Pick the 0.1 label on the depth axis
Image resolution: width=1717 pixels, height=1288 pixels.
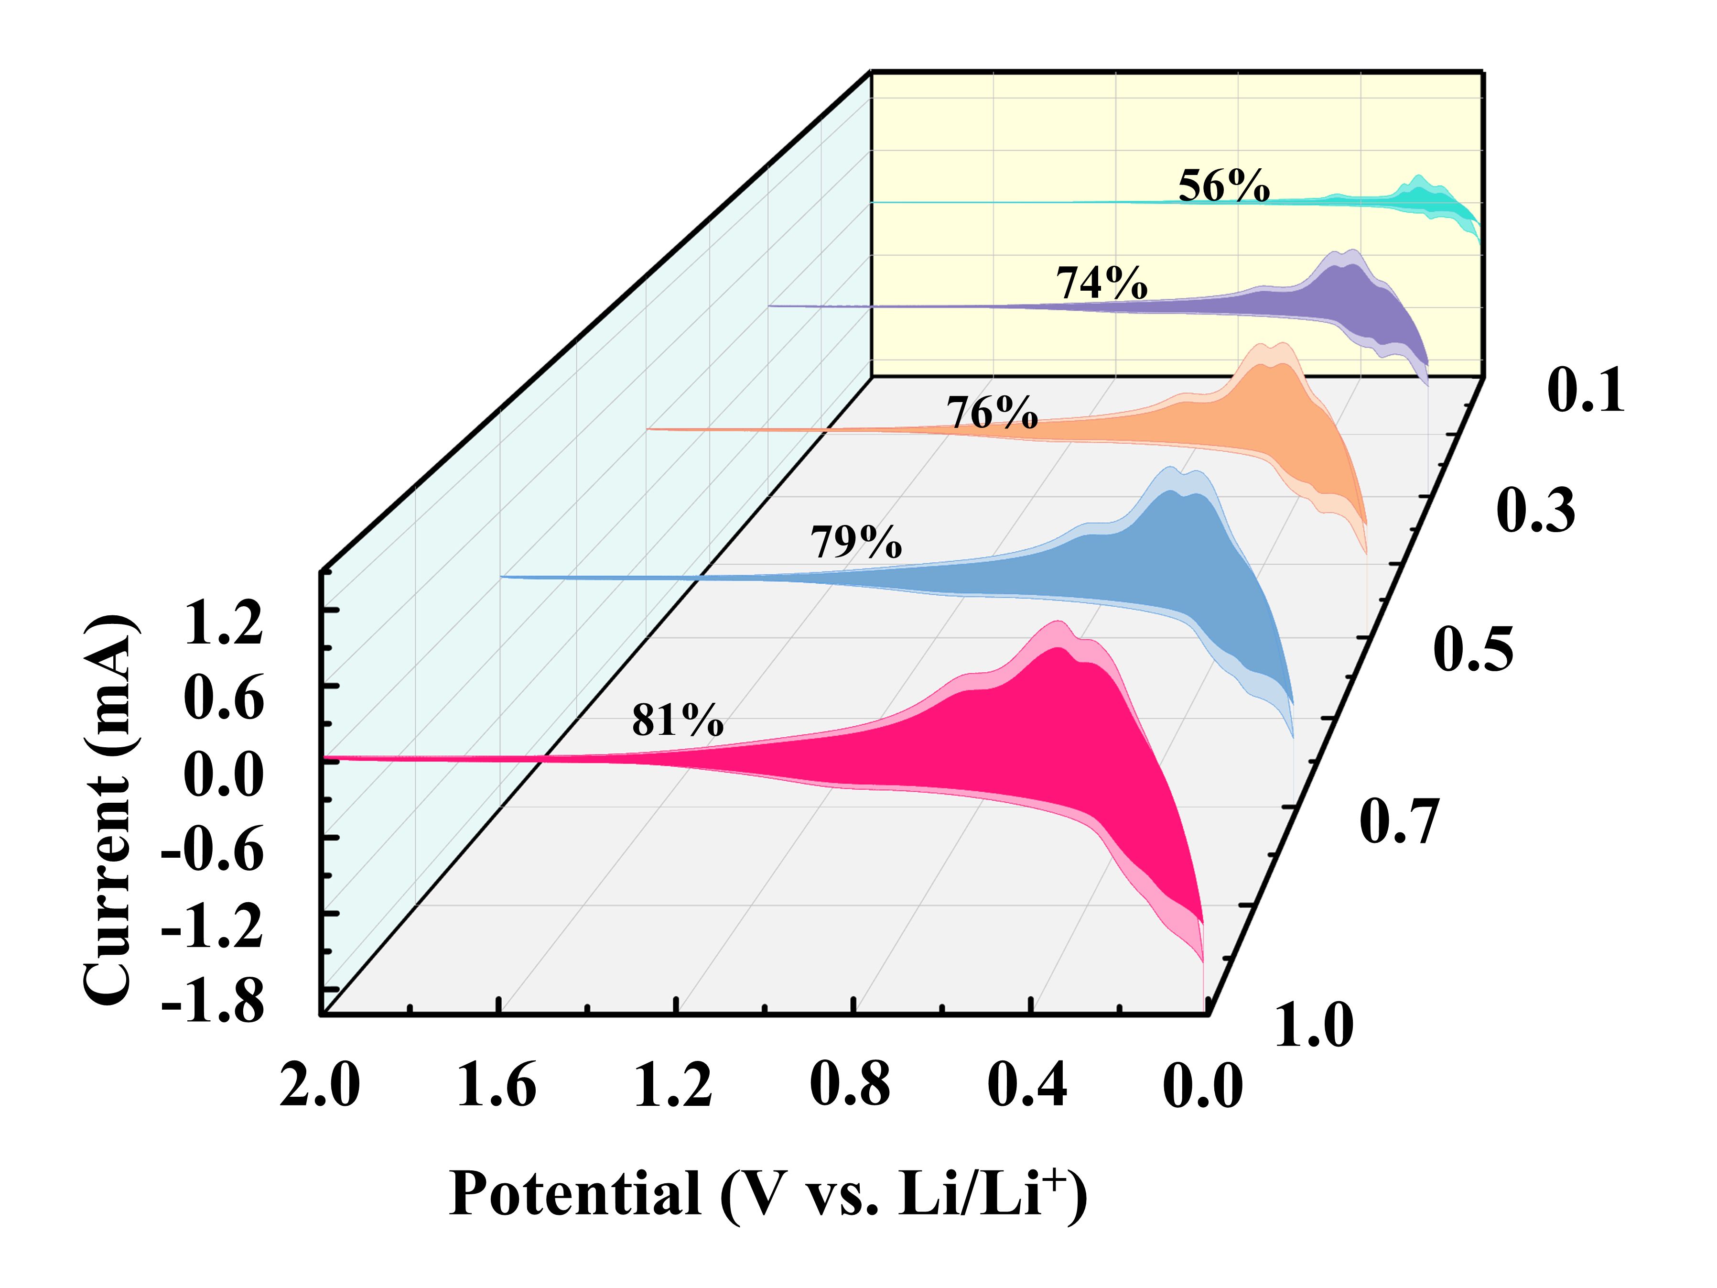[1585, 391]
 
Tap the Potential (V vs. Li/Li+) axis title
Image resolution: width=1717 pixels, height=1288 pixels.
[767, 1194]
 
